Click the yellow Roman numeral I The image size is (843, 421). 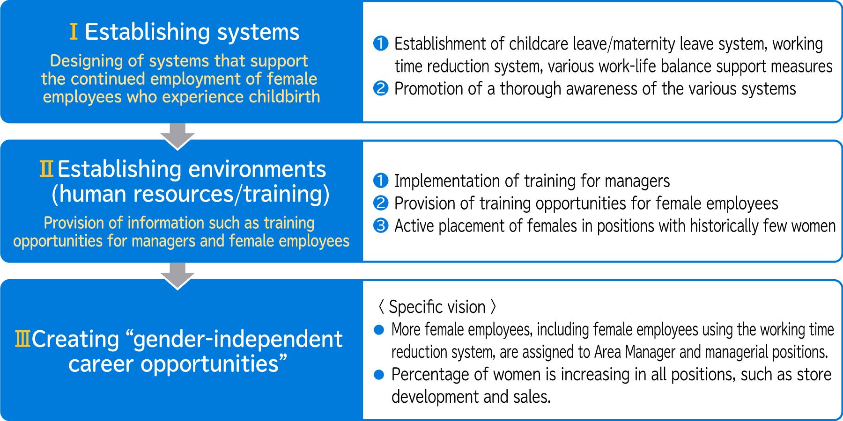tap(74, 32)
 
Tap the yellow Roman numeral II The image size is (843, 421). tap(46, 169)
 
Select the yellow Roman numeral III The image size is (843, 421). tap(22, 339)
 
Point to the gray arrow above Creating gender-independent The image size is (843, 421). tap(177, 276)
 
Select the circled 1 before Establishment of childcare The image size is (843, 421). tap(381, 44)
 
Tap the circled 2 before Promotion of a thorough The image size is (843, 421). tap(381, 88)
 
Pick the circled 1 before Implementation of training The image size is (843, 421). tap(381, 181)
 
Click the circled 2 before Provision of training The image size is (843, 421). tap(381, 203)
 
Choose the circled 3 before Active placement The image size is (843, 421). tap(381, 225)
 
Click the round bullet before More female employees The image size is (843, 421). tap(379, 330)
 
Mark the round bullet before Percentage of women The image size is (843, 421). tap(379, 375)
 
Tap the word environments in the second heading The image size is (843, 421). tap(255, 169)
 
